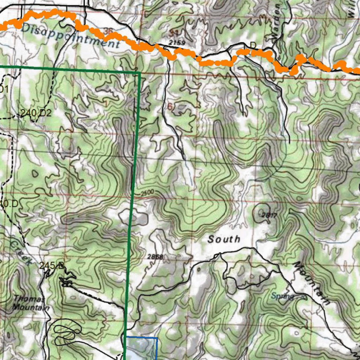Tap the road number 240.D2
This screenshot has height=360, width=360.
point(36,113)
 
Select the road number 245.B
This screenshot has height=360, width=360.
point(52,266)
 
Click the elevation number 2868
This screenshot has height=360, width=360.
point(155,257)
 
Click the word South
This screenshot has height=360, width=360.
point(224,239)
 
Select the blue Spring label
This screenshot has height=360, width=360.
point(282,296)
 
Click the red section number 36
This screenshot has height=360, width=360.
point(108,32)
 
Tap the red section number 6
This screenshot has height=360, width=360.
point(170,107)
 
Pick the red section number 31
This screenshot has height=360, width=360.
point(173,33)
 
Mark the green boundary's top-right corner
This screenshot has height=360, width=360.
point(140,73)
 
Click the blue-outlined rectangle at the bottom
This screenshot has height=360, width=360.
point(141,348)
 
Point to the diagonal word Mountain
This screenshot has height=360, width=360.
point(313,283)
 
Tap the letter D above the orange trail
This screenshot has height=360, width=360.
point(253,45)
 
